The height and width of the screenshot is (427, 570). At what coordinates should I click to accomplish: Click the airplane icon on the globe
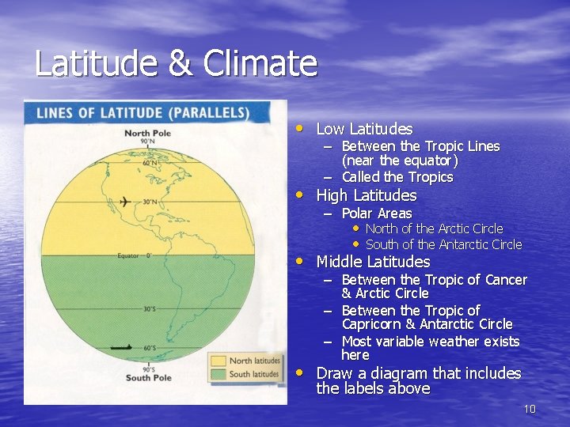click(x=123, y=203)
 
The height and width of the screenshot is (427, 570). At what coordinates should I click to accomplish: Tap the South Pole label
click(x=148, y=377)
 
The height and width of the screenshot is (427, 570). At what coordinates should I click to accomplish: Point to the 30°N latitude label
click(x=150, y=202)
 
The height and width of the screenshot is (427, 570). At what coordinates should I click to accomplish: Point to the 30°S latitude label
click(x=148, y=309)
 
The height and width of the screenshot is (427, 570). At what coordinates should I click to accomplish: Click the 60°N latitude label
click(x=149, y=163)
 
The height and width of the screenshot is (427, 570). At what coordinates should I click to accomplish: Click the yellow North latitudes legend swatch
click(x=218, y=361)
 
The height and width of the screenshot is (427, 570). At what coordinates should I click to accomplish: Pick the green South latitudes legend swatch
click(x=218, y=374)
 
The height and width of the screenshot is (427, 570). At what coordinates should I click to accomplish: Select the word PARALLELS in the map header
click(x=211, y=112)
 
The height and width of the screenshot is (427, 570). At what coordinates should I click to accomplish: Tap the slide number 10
click(x=530, y=409)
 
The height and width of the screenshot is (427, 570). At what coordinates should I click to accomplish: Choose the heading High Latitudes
click(x=366, y=195)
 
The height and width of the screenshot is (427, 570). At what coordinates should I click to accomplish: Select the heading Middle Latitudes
click(x=373, y=262)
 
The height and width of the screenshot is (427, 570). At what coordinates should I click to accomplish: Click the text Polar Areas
click(x=376, y=213)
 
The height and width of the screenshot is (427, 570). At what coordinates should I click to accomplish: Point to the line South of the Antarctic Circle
click(x=443, y=244)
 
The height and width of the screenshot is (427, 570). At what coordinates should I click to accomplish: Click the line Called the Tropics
click(x=397, y=177)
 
